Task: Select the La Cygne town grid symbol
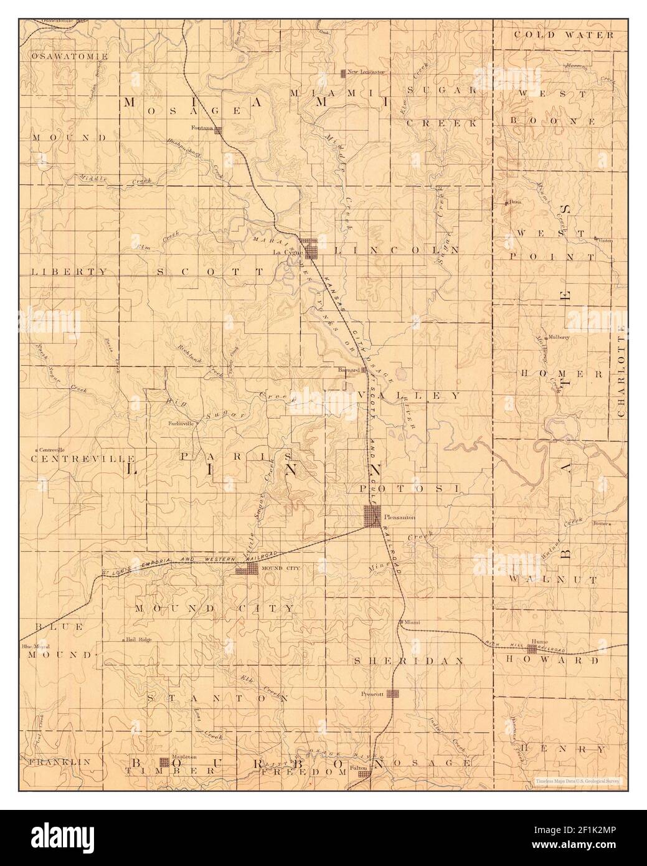[x=309, y=248]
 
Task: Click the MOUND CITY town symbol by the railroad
[x=246, y=569]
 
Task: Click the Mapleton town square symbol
[x=164, y=761]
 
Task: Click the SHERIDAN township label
[x=409, y=660]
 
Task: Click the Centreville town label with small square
[x=52, y=449]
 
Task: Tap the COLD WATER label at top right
[x=564, y=35]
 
